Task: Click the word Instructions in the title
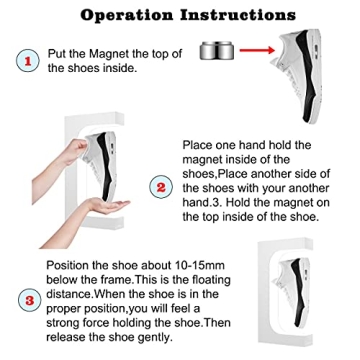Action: click(x=236, y=15)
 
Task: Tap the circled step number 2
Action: click(x=161, y=187)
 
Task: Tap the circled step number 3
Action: click(x=29, y=299)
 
